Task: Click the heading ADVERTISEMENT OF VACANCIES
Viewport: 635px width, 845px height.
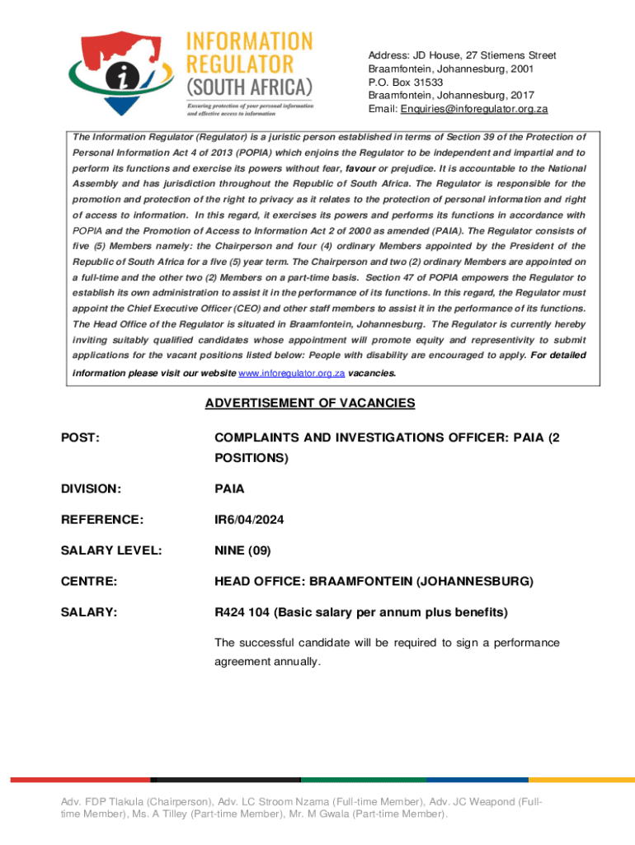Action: (x=310, y=404)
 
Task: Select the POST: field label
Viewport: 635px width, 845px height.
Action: (x=81, y=438)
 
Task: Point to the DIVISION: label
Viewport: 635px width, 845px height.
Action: (x=91, y=489)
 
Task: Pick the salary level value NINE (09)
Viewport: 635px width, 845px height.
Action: (x=242, y=550)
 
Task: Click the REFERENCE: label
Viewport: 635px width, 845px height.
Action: (x=102, y=520)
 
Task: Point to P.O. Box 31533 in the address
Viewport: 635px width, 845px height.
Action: (x=406, y=83)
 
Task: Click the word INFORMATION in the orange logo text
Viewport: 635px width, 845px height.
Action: (x=250, y=40)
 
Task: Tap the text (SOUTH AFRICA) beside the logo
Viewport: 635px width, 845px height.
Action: (x=250, y=87)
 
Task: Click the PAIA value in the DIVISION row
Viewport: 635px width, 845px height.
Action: (x=229, y=489)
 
